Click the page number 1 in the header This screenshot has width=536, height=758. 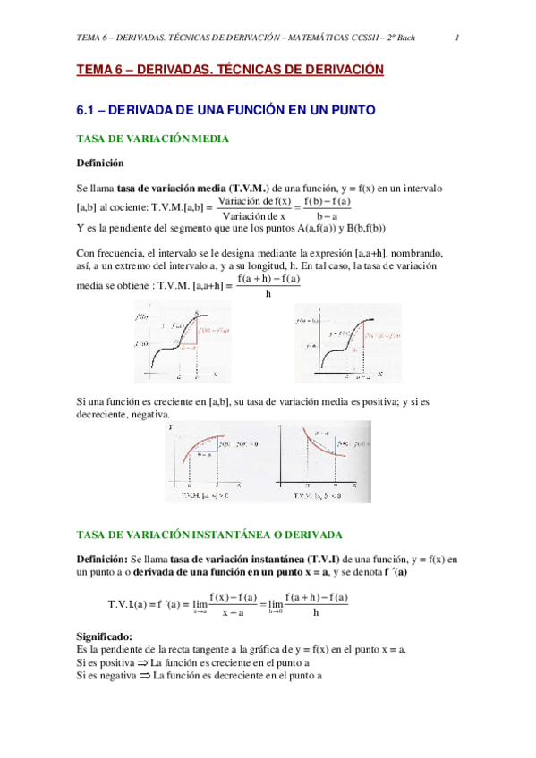457,38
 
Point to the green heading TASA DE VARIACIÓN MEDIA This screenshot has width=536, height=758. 154,139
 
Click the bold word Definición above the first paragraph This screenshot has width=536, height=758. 101,164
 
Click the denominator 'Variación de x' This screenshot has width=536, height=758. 253,215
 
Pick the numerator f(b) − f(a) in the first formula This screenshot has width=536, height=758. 327,202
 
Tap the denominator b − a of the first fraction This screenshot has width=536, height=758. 327,215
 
